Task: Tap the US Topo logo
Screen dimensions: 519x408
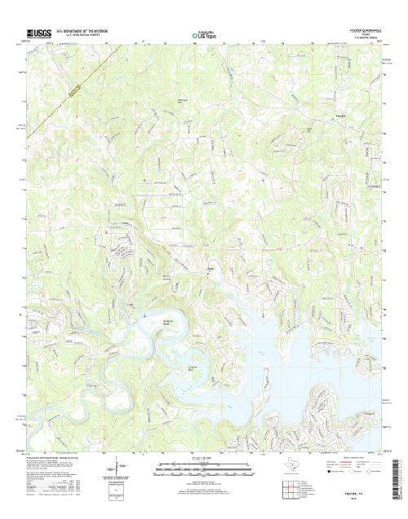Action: click(x=202, y=35)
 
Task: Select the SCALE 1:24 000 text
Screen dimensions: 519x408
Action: click(x=202, y=458)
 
